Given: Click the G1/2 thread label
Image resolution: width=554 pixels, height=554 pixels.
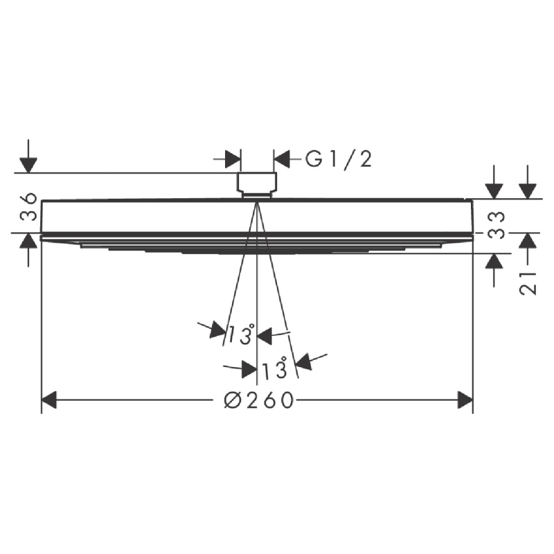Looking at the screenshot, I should point(339,160).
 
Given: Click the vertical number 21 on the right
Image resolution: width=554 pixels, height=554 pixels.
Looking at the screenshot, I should point(528,283).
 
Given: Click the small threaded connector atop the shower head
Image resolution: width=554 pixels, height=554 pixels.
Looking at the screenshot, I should point(257,184).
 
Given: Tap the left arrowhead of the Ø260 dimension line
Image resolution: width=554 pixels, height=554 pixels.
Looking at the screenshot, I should point(49,400).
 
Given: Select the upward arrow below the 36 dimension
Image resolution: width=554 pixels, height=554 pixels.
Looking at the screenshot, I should point(28,242).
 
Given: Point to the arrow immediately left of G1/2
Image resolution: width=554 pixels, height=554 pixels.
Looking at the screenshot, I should point(283,160).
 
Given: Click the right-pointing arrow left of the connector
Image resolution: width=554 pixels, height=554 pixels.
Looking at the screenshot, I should point(233,160).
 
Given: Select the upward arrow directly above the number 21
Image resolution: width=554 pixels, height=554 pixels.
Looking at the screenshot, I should point(528,241).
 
